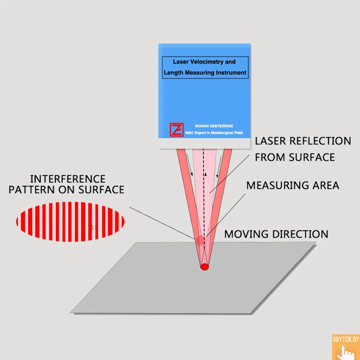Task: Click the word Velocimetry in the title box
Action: [x=207, y=62]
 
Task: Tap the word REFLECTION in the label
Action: [x=321, y=141]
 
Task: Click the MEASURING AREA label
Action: [x=292, y=185]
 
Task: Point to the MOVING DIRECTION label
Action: [x=276, y=234]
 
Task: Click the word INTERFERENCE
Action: [x=67, y=179]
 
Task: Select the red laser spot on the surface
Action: [x=205, y=266]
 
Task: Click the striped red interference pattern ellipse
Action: [x=70, y=221]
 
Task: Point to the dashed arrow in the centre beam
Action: [x=205, y=189]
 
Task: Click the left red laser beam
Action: [x=186, y=189]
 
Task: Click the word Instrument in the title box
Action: [x=231, y=72]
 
